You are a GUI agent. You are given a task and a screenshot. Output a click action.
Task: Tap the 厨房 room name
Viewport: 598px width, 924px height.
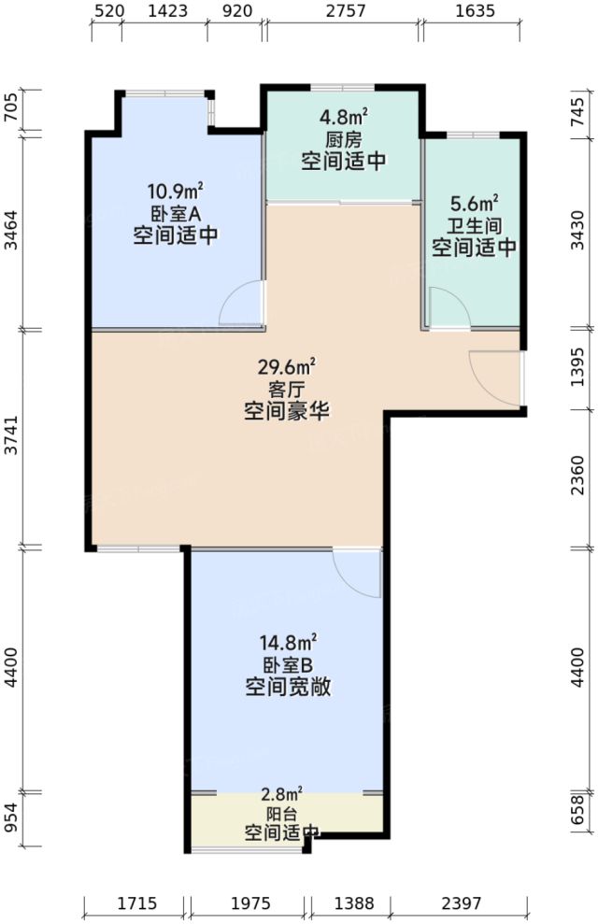pos(344,139)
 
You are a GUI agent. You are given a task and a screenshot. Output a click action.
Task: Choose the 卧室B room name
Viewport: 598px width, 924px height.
pos(291,665)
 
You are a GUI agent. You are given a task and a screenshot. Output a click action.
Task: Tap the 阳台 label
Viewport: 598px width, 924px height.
pos(280,813)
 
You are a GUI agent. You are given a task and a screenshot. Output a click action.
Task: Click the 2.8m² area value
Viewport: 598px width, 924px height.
pos(280,793)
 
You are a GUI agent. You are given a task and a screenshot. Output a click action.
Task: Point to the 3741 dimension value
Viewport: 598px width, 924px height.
pos(11,437)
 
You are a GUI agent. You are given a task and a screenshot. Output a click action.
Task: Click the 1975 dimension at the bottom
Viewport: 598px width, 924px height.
pos(249,903)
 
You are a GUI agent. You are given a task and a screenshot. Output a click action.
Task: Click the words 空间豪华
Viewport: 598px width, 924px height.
pos(291,411)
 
